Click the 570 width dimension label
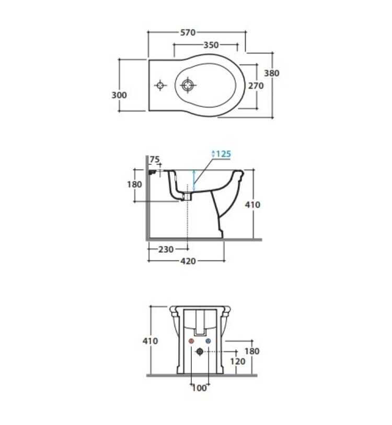tap(188, 32)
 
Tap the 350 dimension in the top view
tap(211, 45)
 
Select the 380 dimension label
tap(272, 73)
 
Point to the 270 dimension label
tap(256, 86)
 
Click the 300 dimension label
tap(119, 95)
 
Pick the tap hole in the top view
tap(160, 86)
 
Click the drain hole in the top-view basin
tap(188, 85)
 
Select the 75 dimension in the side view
tap(155, 159)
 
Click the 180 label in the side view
tap(134, 185)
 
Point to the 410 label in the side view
tap(252, 205)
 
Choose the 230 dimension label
tap(166, 250)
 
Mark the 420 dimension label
tap(188, 261)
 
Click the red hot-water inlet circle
tap(191, 341)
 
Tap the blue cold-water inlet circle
tap(208, 341)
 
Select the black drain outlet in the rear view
tap(200, 352)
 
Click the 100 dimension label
tap(199, 388)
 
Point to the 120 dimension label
tap(238, 362)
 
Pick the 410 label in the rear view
tap(150, 341)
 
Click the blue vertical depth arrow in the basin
tap(194, 181)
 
